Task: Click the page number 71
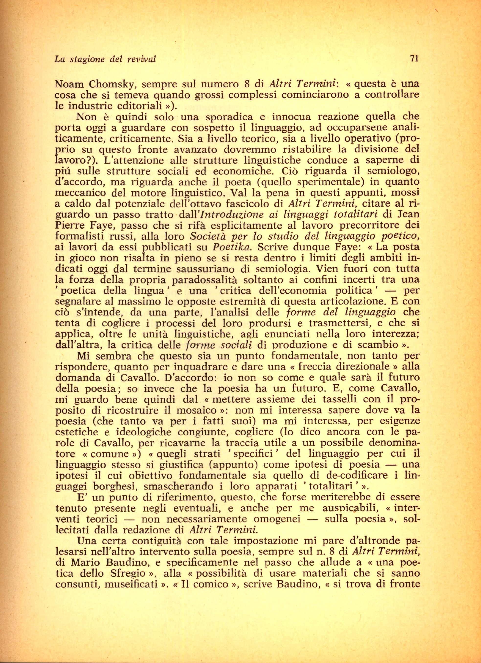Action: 414,58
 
